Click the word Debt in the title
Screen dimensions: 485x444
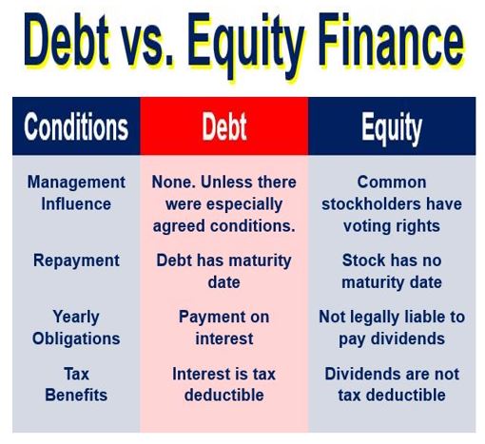pos(67,40)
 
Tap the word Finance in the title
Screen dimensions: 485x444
pos(391,40)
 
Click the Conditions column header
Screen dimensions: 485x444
pos(76,126)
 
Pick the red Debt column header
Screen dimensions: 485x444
pos(224,126)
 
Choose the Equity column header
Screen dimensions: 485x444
pos(392,128)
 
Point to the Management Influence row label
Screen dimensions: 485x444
pos(76,193)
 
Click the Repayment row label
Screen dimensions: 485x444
pos(76,261)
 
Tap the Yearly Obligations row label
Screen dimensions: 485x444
pos(76,327)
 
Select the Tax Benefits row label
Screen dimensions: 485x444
pos(76,384)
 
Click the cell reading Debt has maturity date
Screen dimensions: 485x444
pos(223,271)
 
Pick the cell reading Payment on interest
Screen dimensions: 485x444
pos(223,327)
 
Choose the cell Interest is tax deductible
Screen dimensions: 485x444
pos(223,384)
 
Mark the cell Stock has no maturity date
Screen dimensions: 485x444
pos(392,271)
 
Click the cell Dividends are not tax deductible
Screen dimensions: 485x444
pos(392,384)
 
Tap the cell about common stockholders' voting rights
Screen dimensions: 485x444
pos(392,204)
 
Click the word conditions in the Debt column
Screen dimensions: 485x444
pos(253,226)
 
